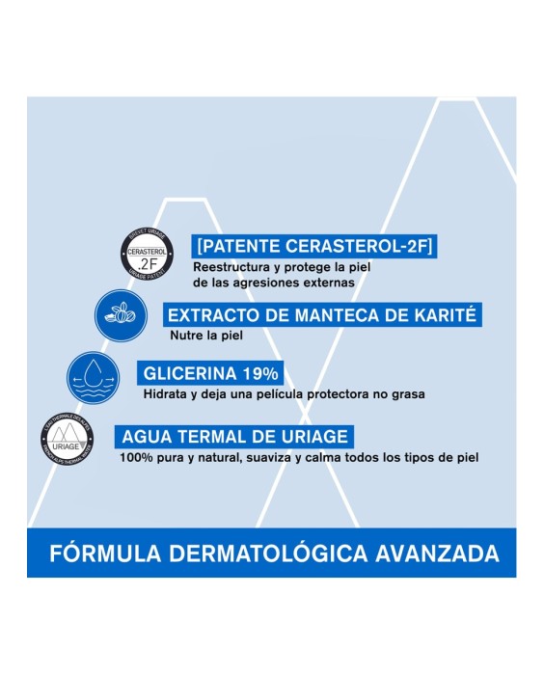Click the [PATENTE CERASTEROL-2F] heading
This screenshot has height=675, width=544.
click(x=313, y=246)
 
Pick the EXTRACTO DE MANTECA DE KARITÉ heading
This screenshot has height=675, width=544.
click(x=322, y=315)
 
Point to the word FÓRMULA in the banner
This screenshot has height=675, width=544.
click(x=102, y=554)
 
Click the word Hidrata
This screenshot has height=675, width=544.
click(x=163, y=393)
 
